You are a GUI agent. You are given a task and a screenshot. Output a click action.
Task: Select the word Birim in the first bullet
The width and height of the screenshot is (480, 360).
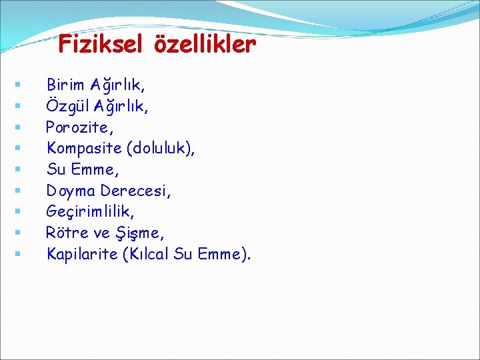pyautogui.click(x=65, y=85)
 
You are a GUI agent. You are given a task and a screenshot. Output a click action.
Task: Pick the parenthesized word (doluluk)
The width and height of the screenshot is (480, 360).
pyautogui.click(x=163, y=148)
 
